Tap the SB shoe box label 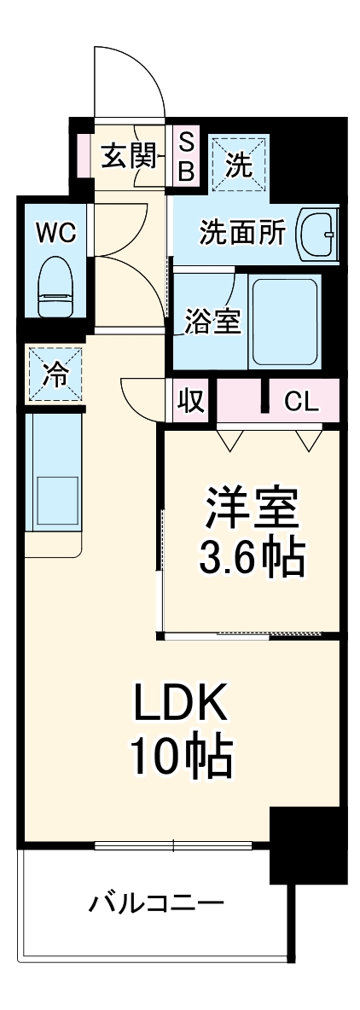(186, 156)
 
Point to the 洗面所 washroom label (242, 233)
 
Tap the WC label (55, 232)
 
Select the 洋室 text (252, 510)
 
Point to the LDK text (180, 705)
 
